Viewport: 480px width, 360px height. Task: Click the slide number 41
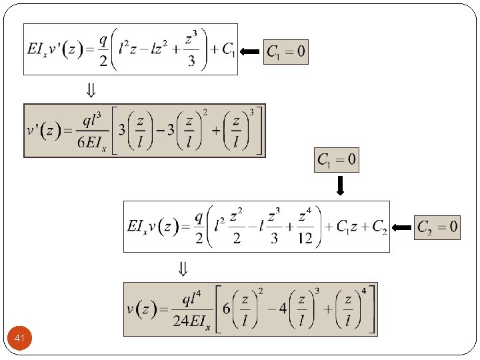(x=19, y=340)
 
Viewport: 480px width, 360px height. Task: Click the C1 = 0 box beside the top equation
(x=286, y=51)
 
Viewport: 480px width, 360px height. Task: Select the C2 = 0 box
(x=437, y=227)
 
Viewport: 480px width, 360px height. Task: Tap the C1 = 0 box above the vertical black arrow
(x=337, y=160)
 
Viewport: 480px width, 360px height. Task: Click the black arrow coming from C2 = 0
(x=402, y=227)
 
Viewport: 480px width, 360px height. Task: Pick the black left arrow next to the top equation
(x=250, y=51)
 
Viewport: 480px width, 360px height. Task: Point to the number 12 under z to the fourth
(x=305, y=239)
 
